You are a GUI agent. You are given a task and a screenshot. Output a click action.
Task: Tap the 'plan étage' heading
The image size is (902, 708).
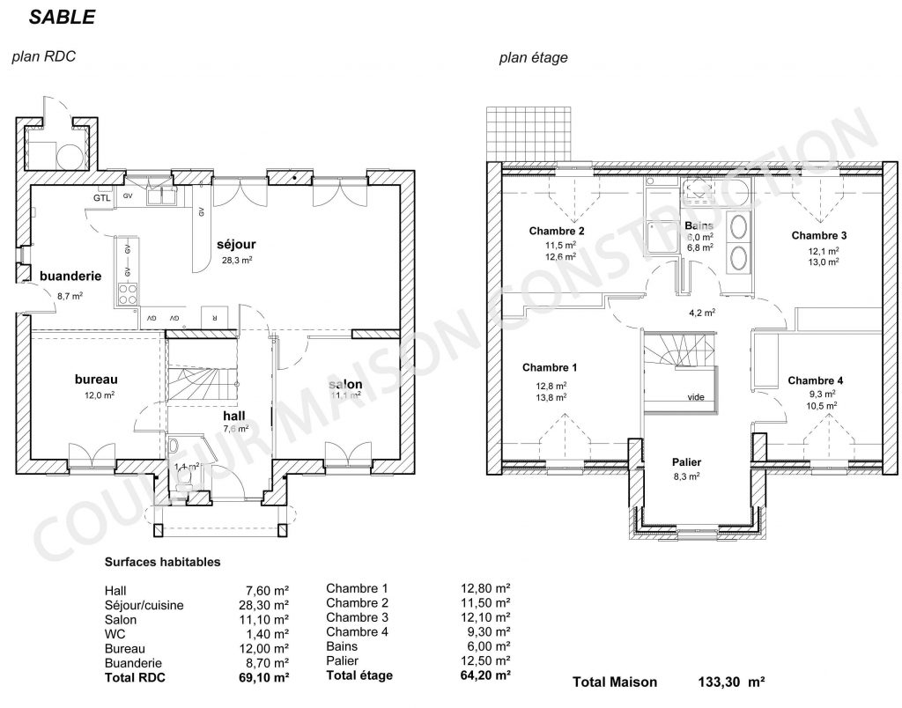[x=533, y=58]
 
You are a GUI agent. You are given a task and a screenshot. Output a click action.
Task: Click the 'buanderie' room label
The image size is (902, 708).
[x=70, y=276]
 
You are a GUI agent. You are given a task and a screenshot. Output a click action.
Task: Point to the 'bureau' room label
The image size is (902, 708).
[x=96, y=379]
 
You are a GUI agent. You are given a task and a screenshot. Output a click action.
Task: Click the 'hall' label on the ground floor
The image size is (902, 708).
[x=234, y=416]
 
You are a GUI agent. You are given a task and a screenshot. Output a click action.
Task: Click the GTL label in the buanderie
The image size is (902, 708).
[x=103, y=197]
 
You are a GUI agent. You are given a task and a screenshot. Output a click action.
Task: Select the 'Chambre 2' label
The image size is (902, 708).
[x=557, y=231]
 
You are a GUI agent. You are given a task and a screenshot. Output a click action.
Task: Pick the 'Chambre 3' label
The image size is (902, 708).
[x=818, y=235]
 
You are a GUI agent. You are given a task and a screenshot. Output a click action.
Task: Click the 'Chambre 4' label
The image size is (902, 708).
[x=815, y=380]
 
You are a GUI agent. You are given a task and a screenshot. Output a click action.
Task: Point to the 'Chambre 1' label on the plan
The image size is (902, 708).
[x=550, y=367]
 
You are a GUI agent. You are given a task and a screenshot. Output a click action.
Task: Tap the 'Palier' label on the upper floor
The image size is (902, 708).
[x=686, y=461]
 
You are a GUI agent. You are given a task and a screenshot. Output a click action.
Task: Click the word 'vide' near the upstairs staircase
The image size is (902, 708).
[x=696, y=397]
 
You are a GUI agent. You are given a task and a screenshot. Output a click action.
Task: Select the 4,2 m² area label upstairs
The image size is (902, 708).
[x=701, y=312]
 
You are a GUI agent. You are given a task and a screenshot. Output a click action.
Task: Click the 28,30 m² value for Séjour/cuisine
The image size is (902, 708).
[x=267, y=605]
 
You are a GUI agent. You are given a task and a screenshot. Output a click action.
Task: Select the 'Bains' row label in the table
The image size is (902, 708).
[x=342, y=645]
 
